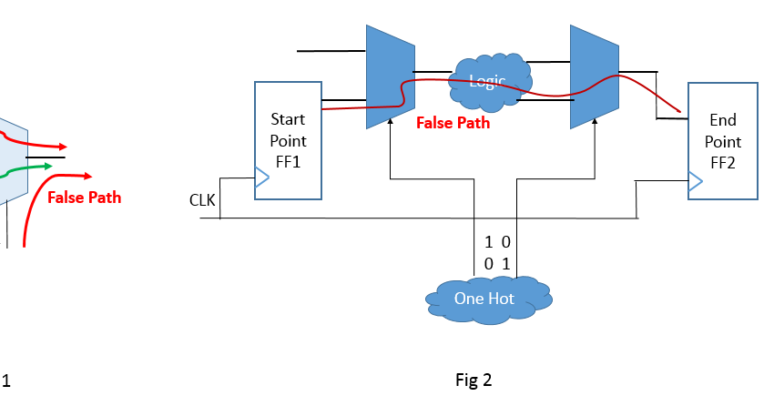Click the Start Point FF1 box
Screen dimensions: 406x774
pos(288,140)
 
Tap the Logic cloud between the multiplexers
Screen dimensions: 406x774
pos(487,81)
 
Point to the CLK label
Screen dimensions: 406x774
pos(201,200)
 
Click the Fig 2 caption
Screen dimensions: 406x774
pos(474,380)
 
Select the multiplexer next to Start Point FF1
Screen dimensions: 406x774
pos(390,76)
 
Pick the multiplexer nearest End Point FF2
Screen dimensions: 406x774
pos(594,76)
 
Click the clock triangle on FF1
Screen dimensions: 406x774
pos(262,179)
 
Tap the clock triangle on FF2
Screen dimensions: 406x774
pos(696,184)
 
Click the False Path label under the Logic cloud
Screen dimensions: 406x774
pos(453,123)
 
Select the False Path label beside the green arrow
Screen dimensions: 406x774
pos(84,197)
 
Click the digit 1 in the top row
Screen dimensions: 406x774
pos(489,243)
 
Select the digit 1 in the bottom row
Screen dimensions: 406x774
pos(508,263)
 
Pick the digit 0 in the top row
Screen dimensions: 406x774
pos(508,243)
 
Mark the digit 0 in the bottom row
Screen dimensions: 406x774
pos(489,263)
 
